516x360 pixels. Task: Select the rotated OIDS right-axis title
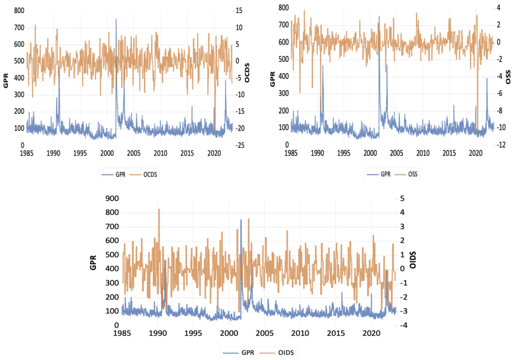point(413,260)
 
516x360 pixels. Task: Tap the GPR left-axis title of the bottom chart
point(93,261)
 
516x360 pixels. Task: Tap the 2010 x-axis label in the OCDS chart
point(160,152)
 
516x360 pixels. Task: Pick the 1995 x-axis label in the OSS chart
point(344,152)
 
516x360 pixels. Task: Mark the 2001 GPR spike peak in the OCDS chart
point(116,19)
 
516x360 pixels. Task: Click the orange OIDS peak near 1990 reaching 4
point(159,209)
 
